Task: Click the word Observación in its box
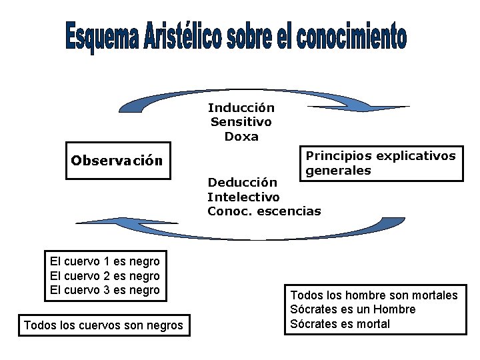tap(117, 161)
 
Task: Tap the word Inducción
tap(241, 107)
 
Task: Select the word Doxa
tap(241, 137)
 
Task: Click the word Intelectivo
tap(243, 197)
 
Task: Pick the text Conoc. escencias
tap(264, 211)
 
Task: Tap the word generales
tap(338, 171)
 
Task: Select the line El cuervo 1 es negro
tap(105, 261)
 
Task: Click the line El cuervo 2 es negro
tap(105, 275)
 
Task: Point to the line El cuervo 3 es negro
tap(105, 289)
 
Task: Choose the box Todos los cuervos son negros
tap(103, 325)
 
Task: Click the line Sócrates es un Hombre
tap(353, 309)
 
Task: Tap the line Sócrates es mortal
tap(340, 324)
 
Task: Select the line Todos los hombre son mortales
tap(374, 295)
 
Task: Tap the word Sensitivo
tap(241, 122)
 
